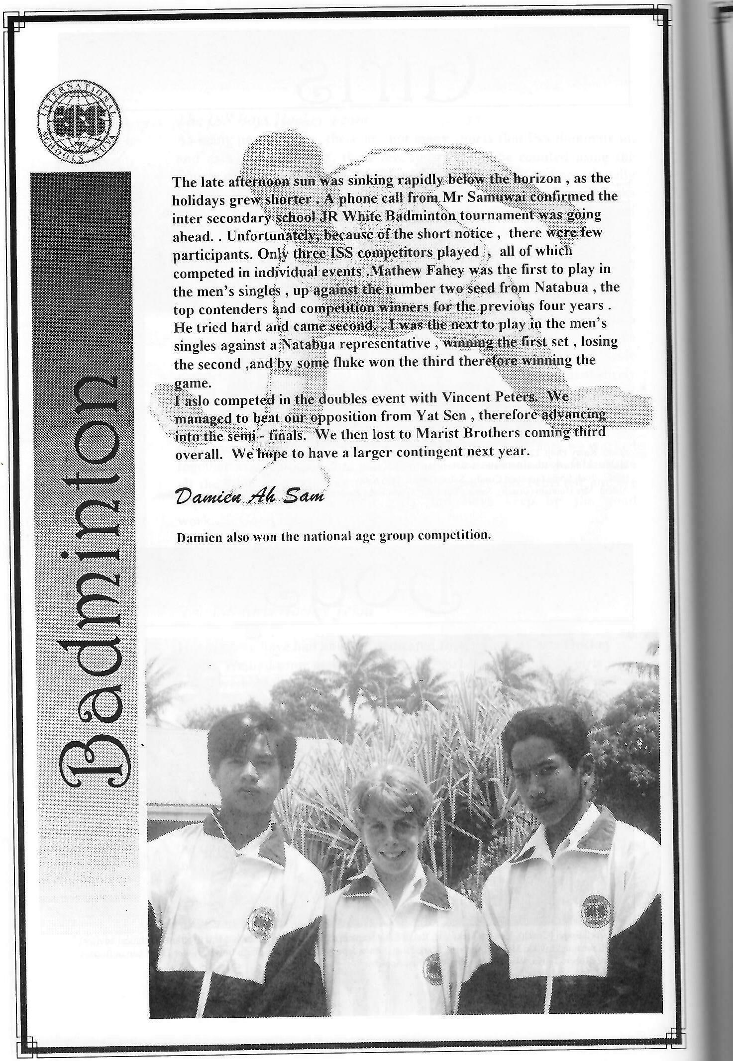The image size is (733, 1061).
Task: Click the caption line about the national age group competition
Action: coord(334,536)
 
